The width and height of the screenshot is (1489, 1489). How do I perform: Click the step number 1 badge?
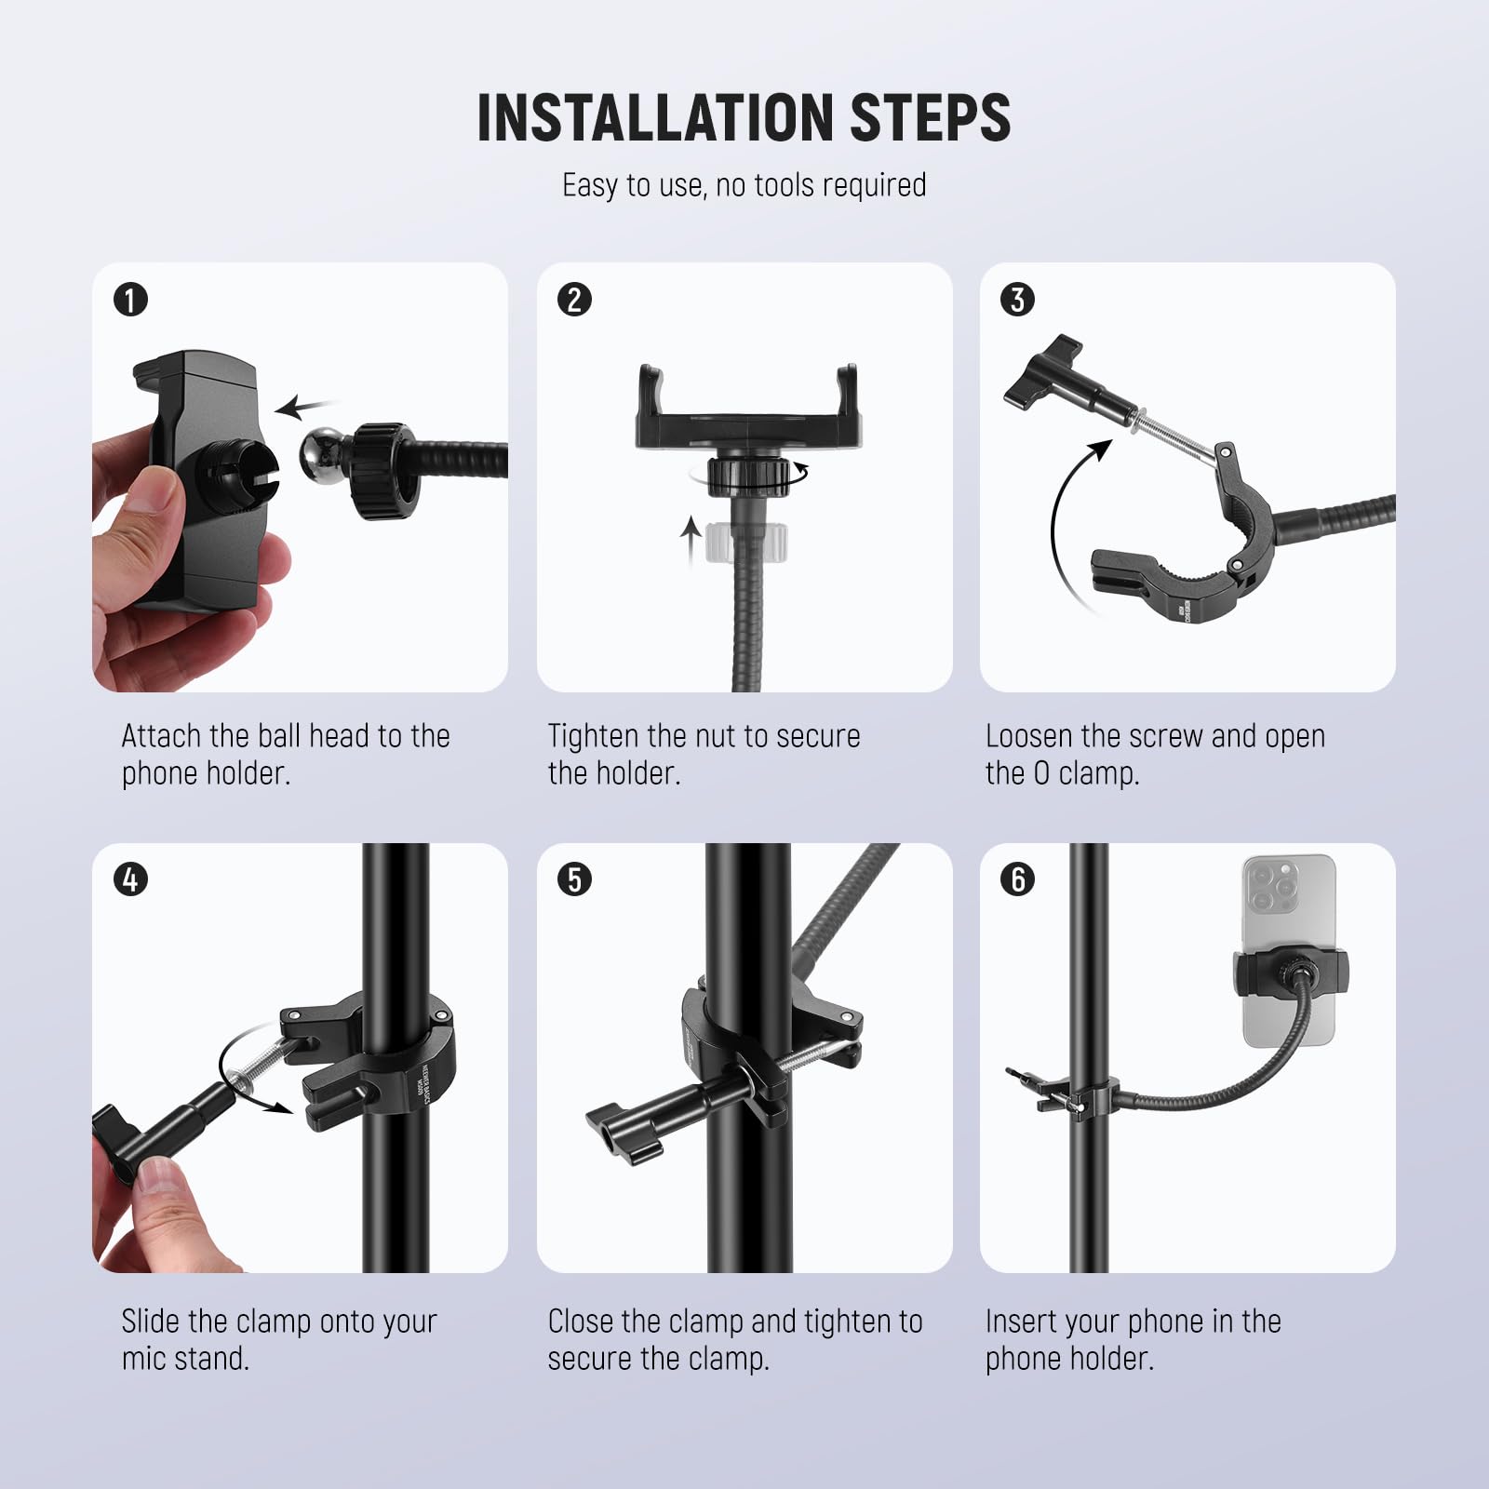click(x=130, y=300)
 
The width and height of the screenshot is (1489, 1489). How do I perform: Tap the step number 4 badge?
click(x=130, y=879)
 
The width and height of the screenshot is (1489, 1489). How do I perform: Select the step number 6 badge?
click(x=1017, y=879)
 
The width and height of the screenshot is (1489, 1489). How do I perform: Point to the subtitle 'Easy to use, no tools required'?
click(x=744, y=185)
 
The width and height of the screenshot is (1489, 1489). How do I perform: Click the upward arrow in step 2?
click(x=690, y=542)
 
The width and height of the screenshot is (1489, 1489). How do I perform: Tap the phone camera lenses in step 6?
click(x=1273, y=886)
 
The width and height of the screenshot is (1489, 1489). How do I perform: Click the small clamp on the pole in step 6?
click(x=1084, y=1098)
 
